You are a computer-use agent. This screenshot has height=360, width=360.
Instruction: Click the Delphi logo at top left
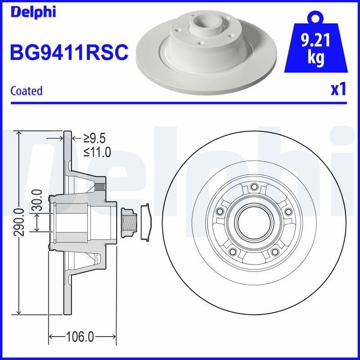pos(32,12)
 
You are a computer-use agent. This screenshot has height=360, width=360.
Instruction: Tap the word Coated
pos(26,91)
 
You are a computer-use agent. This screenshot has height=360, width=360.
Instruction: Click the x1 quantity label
pos(338,90)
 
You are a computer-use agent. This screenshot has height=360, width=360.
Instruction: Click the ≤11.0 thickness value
pos(96,152)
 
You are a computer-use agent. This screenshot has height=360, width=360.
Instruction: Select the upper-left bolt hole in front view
pos(220,212)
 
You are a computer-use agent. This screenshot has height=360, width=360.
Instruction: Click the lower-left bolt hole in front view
pos(233,252)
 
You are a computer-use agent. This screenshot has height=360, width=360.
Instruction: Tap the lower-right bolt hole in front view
pos(274,252)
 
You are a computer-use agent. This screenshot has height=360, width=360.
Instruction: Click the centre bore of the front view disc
pos(254,223)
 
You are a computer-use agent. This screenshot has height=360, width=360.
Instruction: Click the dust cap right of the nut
pos(146,223)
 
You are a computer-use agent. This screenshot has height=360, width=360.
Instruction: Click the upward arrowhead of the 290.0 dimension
pos(18,134)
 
